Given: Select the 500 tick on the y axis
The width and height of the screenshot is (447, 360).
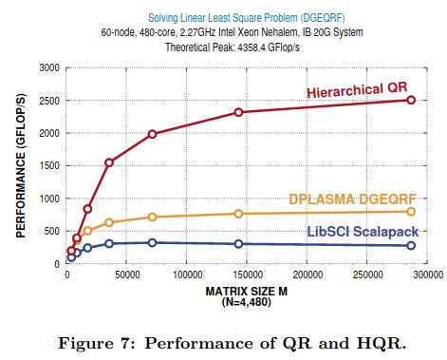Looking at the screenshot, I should click(x=50, y=231).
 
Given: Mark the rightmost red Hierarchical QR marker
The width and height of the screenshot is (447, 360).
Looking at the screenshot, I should click(x=411, y=100).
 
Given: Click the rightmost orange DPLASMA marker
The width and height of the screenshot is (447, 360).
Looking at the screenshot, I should click(x=411, y=211).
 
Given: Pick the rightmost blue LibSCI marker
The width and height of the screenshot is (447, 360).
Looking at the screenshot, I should click(x=411, y=245).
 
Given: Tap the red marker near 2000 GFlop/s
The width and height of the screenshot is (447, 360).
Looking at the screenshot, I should click(x=152, y=134).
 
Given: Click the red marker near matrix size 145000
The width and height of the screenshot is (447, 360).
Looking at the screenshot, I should click(x=239, y=112).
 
